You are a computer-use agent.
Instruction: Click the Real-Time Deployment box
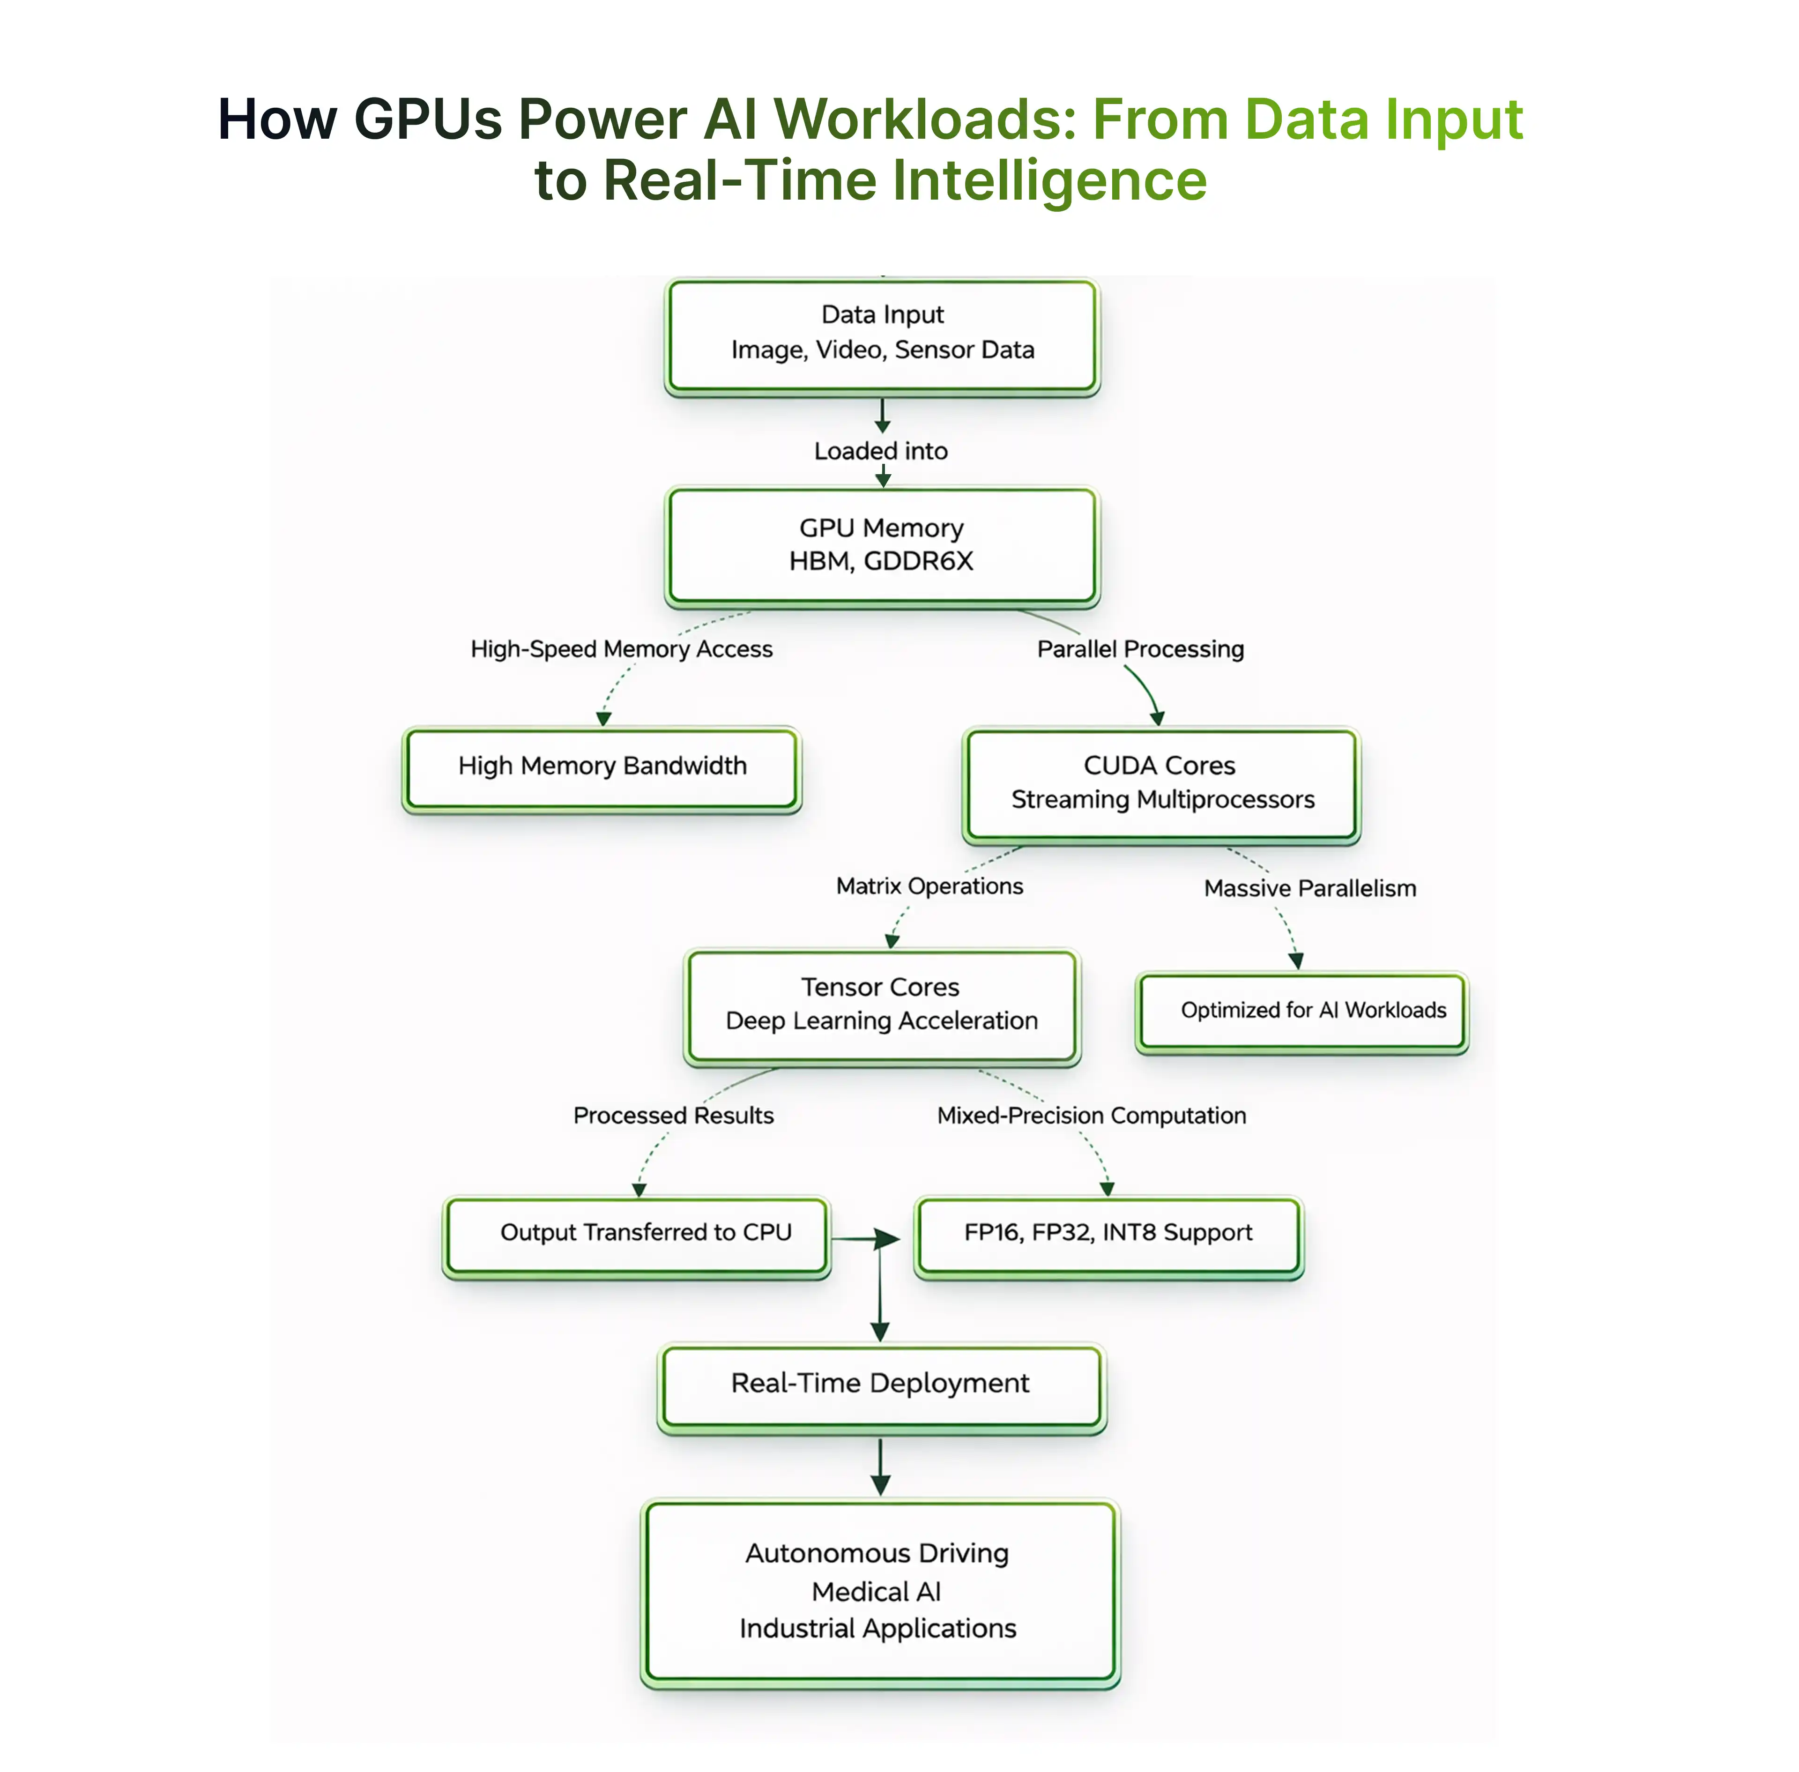[x=880, y=1385]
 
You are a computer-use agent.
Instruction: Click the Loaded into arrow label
[x=880, y=451]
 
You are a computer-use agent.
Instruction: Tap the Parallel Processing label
[x=1140, y=649]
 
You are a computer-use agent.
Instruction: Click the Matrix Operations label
[x=929, y=887]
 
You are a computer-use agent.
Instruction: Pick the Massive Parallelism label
[x=1309, y=889]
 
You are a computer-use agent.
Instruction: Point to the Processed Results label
[x=673, y=1116]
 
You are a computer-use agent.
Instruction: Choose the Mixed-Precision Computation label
[x=1091, y=1116]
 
